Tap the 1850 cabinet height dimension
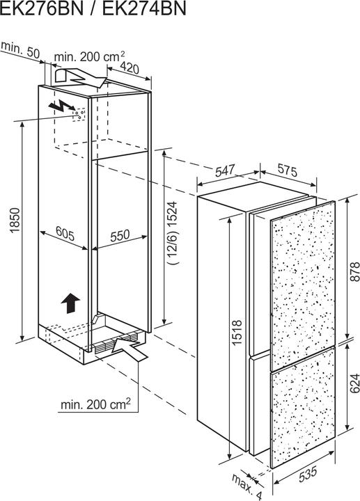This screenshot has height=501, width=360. [15, 221]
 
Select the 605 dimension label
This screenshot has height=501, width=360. [65, 233]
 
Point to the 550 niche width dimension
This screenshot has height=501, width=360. [120, 236]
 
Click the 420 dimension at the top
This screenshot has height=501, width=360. [130, 67]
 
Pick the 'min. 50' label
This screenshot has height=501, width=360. [21, 49]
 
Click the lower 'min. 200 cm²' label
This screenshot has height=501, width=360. [95, 404]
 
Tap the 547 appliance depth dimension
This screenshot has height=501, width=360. [225, 170]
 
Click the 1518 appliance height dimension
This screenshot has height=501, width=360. [237, 333]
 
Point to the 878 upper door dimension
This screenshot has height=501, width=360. [354, 271]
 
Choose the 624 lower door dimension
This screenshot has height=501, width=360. [354, 383]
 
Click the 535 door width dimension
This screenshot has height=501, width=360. [308, 474]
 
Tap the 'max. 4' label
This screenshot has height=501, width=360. [246, 486]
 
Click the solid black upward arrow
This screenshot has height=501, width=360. [70, 303]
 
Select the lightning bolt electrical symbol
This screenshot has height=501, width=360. [62, 106]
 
